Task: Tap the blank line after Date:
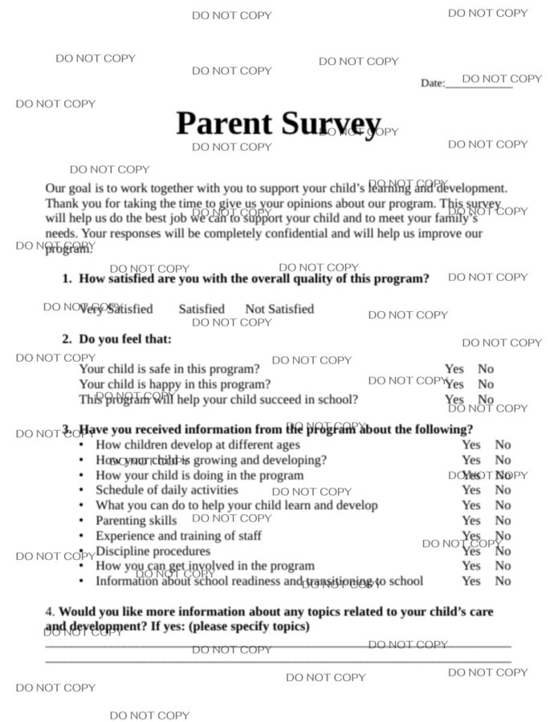[x=479, y=84]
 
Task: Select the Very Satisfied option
[x=116, y=309]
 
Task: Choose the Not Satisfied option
[x=279, y=309]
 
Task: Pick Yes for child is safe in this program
[x=454, y=369]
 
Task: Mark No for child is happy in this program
[x=486, y=384]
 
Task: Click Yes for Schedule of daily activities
[x=471, y=490]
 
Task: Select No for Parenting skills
[x=503, y=521]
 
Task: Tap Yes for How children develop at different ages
[x=471, y=444]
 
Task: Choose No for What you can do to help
[x=503, y=505]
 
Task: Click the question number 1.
[x=67, y=279]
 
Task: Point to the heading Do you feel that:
[x=125, y=339]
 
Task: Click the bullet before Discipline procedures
[x=81, y=552]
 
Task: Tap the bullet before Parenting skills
[x=81, y=521]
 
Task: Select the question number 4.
[x=50, y=611]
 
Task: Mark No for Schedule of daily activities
[x=503, y=490]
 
